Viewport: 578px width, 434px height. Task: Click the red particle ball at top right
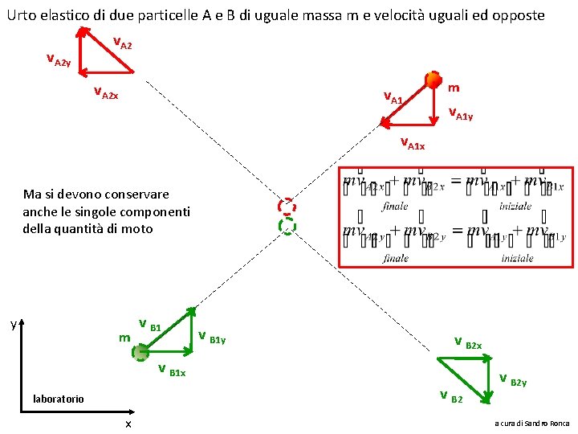coord(433,79)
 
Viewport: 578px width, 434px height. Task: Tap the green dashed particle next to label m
coord(140,352)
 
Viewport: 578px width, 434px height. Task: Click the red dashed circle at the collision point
coord(287,206)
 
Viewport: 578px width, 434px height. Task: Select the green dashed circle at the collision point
coord(287,225)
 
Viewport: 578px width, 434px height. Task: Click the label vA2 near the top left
coord(121,43)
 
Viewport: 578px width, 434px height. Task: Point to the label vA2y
coord(59,60)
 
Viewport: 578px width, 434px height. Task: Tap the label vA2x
coord(106,92)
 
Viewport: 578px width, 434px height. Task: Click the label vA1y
coord(460,113)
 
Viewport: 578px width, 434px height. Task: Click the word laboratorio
coord(58,399)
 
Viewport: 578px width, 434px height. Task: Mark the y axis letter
coord(13,325)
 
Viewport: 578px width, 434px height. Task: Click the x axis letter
coord(128,424)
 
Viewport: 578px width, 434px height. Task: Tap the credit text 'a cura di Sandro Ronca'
coord(531,423)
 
